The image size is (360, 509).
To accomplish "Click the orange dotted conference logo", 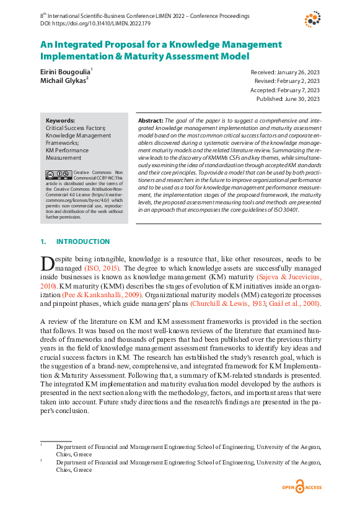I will (x=312, y=19).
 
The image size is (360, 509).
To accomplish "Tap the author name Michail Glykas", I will (x=63, y=81).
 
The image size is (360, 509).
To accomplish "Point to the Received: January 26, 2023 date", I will (x=285, y=72).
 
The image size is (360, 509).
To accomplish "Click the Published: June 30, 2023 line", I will (x=288, y=98).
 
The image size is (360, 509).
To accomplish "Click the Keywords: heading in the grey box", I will (x=60, y=121).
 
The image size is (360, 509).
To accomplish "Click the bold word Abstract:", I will (x=150, y=120).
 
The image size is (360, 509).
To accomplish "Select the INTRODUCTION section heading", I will (x=83, y=241).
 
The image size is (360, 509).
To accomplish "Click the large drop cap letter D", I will (x=47, y=263).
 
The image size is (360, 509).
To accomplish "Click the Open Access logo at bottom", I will (x=303, y=487).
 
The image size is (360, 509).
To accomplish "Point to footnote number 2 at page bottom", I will (x=41, y=461).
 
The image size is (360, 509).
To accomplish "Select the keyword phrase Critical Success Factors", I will (x=76, y=128).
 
